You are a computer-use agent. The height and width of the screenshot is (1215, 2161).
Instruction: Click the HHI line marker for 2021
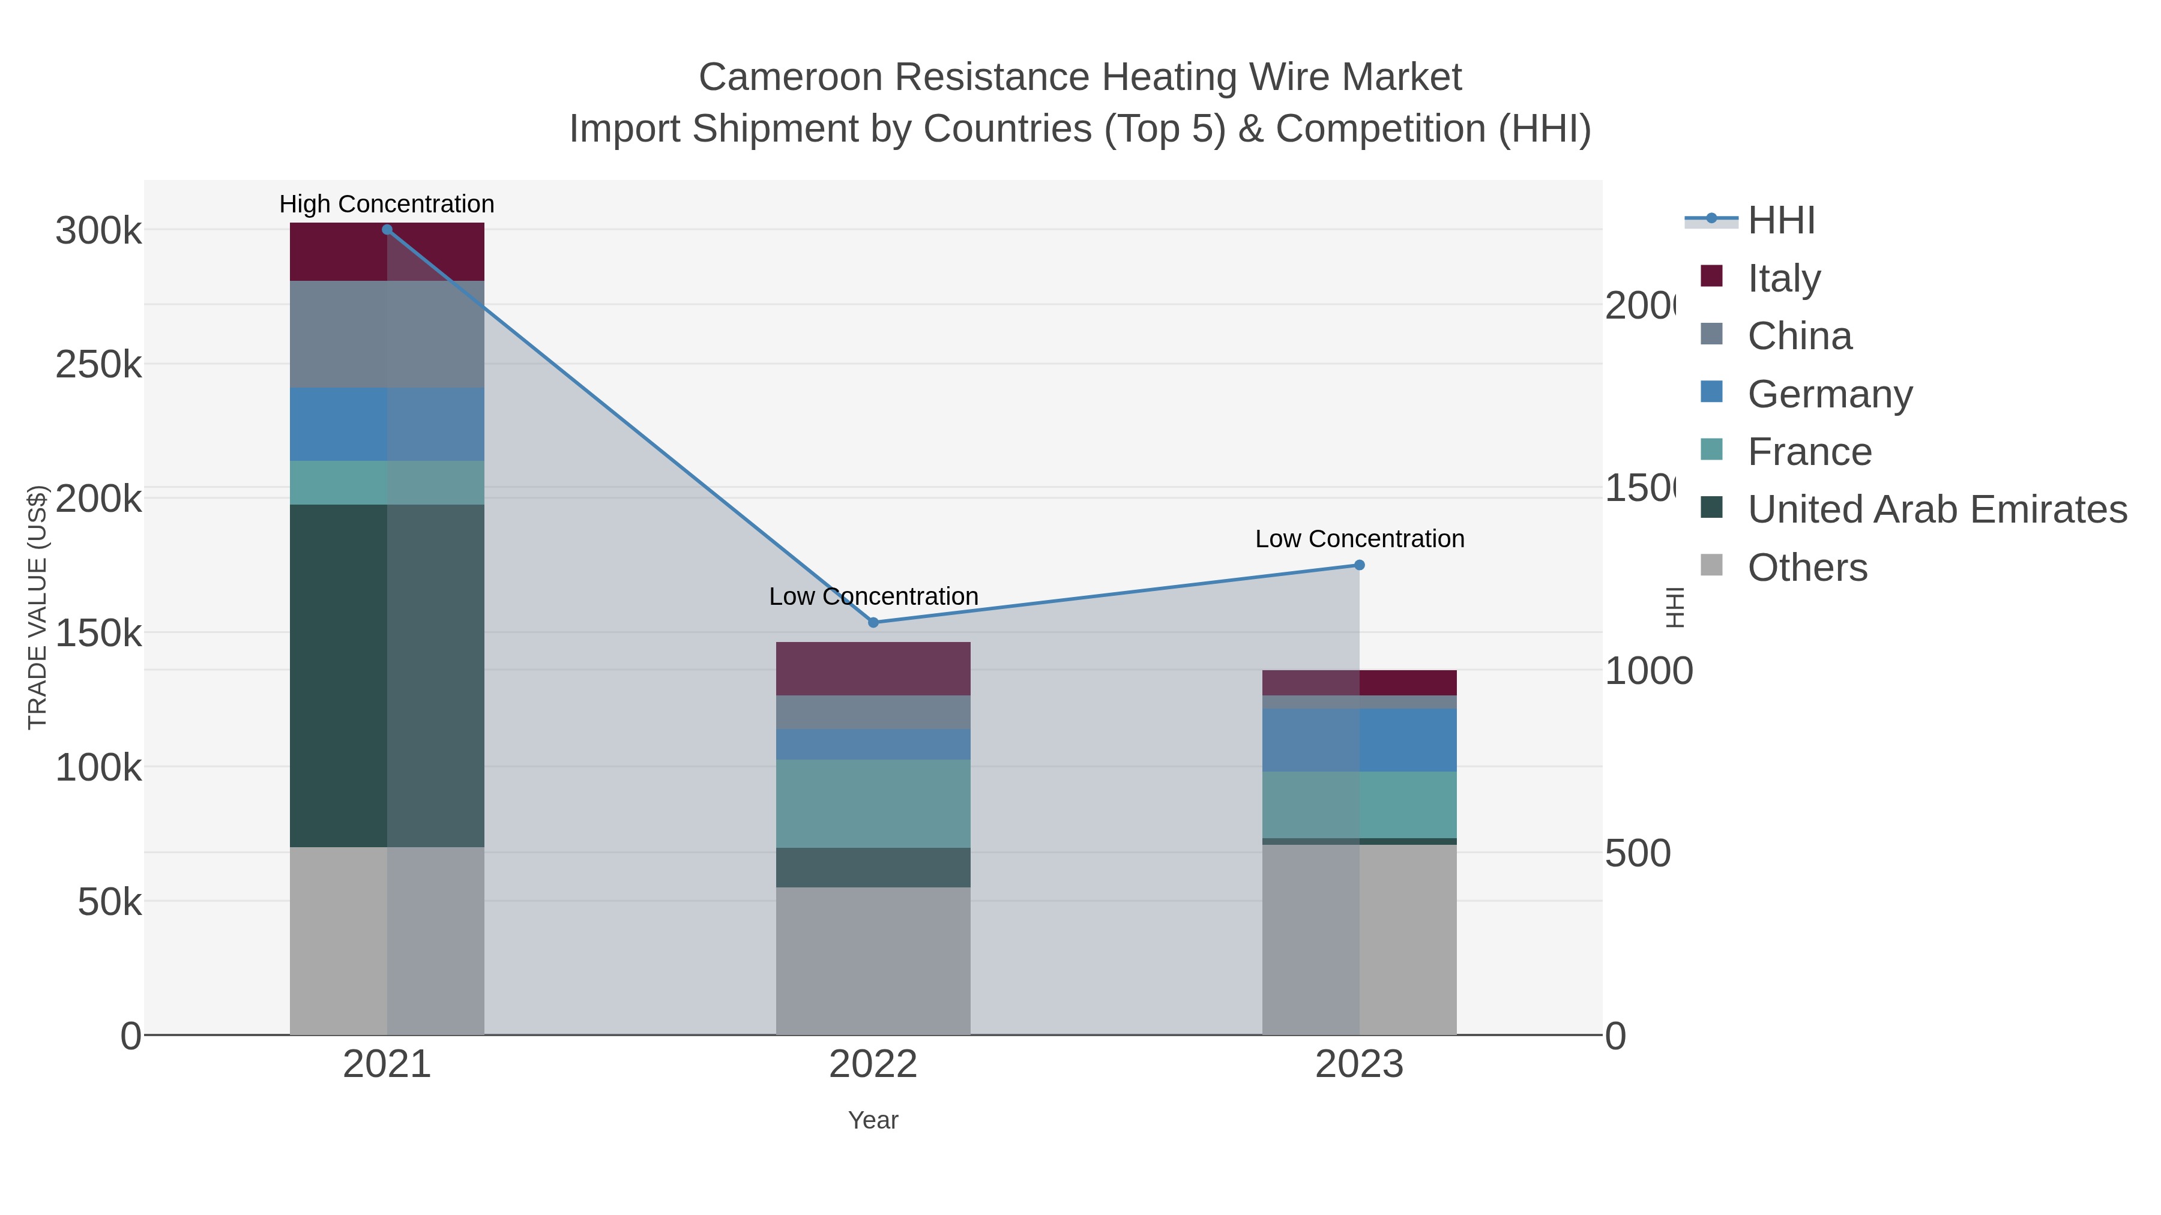[387, 230]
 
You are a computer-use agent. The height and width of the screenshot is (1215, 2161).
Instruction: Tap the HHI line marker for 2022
[873, 622]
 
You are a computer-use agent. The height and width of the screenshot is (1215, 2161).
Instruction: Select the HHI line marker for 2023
[1360, 565]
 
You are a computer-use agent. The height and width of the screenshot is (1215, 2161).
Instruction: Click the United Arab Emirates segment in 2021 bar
[387, 675]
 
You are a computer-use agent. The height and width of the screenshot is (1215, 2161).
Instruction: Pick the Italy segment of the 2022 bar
[873, 668]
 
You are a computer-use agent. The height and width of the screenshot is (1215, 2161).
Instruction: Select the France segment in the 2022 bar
[873, 803]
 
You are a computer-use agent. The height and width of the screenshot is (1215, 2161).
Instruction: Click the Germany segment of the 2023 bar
[1360, 740]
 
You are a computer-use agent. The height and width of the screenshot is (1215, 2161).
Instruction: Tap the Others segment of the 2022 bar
[873, 960]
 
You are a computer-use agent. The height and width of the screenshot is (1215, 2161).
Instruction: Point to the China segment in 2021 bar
[387, 334]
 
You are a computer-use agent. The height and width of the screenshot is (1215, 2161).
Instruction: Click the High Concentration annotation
[387, 204]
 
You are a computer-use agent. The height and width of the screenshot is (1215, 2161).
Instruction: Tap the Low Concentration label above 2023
[1360, 538]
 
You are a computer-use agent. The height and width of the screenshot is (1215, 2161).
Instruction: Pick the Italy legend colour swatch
[1711, 276]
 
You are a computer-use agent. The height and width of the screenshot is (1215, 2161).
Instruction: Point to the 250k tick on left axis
[98, 365]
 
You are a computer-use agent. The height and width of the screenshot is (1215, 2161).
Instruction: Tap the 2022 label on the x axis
[873, 1064]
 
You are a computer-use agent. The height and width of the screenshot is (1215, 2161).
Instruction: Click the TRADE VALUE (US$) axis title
[38, 607]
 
